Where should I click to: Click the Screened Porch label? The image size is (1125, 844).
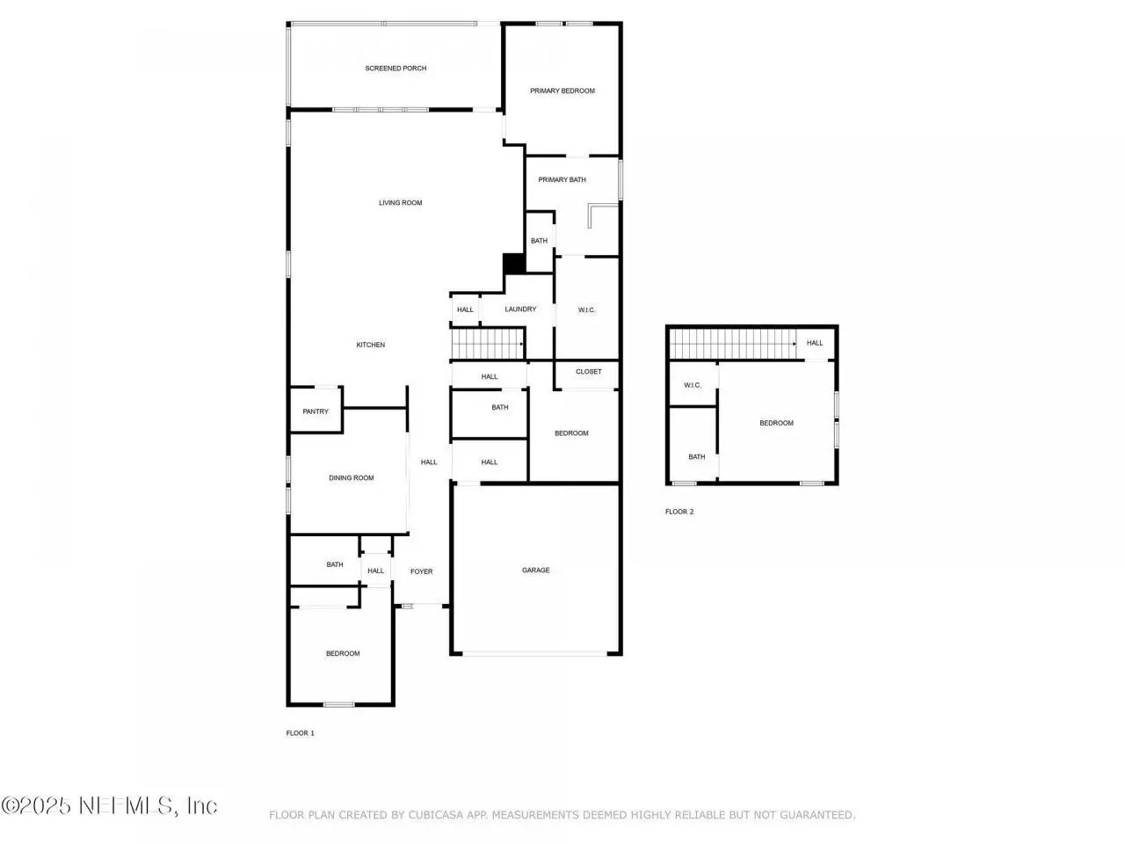[396, 69]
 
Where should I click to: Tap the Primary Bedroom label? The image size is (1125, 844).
[562, 91]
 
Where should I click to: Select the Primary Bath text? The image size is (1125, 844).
[562, 179]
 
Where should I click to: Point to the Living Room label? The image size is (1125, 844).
[400, 202]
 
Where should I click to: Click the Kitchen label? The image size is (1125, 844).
[370, 345]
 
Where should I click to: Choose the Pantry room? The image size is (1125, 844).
[316, 411]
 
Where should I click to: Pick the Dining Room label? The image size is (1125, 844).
[351, 477]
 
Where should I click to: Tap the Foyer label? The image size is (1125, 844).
[421, 571]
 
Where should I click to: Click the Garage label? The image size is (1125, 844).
[535, 570]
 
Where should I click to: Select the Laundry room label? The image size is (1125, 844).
[520, 309]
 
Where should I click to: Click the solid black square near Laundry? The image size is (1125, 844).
[514, 264]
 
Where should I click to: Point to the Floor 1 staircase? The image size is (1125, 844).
[488, 344]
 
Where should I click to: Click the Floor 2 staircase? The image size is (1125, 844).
[733, 344]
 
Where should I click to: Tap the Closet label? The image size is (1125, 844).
[588, 371]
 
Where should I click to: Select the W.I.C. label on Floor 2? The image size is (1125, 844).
[692, 385]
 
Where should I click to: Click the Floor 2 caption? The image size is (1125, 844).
[679, 511]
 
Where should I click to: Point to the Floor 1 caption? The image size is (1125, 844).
[300, 732]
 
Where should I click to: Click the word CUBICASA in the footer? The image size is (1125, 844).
[436, 814]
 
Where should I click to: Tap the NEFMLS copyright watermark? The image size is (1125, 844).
[109, 805]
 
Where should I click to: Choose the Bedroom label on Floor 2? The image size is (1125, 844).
[776, 423]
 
